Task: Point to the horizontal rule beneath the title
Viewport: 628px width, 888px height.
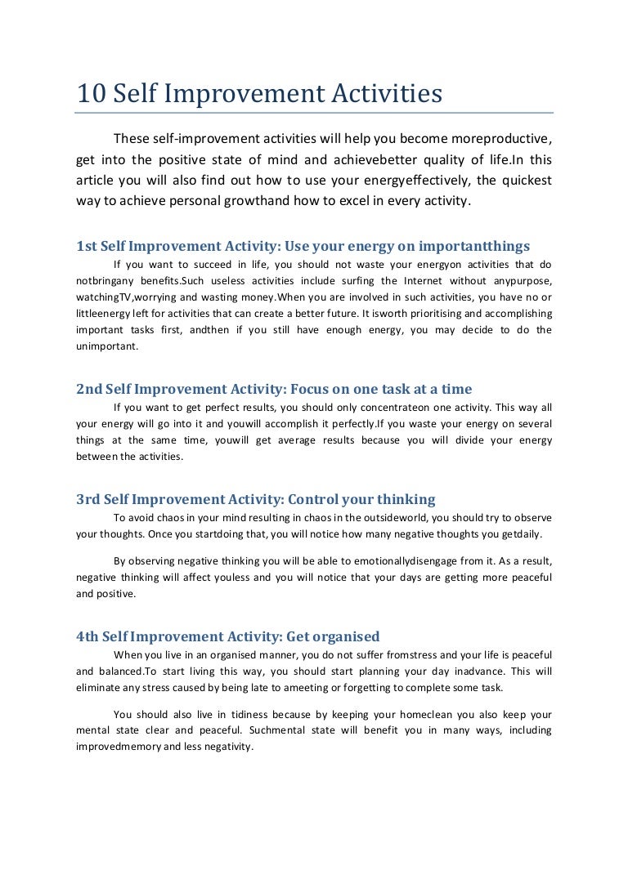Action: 314,113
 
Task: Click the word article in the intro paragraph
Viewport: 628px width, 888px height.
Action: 97,180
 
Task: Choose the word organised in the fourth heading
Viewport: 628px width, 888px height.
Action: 343,636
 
